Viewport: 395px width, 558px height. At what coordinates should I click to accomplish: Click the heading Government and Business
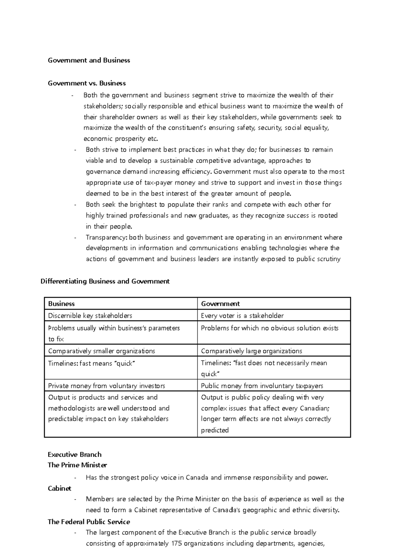89,60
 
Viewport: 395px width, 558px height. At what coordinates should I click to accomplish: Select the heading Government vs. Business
87,83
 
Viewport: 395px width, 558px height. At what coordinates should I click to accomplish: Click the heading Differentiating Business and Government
105,281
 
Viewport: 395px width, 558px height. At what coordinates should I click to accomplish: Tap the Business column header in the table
61,304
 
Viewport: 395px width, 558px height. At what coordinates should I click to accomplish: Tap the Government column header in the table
220,304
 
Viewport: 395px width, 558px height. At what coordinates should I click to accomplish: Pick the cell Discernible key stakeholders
90,316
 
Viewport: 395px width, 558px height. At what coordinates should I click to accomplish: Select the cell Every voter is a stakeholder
242,316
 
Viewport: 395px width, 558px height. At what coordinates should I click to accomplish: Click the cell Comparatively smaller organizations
101,351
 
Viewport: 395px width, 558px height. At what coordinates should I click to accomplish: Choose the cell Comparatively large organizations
251,351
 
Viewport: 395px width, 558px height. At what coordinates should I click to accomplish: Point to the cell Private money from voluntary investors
106,386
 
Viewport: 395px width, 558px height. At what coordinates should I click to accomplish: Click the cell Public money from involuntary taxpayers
262,386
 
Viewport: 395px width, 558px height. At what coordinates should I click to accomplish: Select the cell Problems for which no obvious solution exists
270,328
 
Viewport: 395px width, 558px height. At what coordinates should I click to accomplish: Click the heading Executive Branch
74,454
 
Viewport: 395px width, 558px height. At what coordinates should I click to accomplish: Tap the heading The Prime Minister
77,465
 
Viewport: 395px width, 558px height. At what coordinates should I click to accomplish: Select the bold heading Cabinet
60,488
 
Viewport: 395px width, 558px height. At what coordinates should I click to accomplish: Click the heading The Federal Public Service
89,522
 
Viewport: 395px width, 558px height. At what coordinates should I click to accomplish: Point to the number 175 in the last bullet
176,543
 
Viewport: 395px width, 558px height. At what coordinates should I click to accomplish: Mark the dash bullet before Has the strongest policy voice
76,478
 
